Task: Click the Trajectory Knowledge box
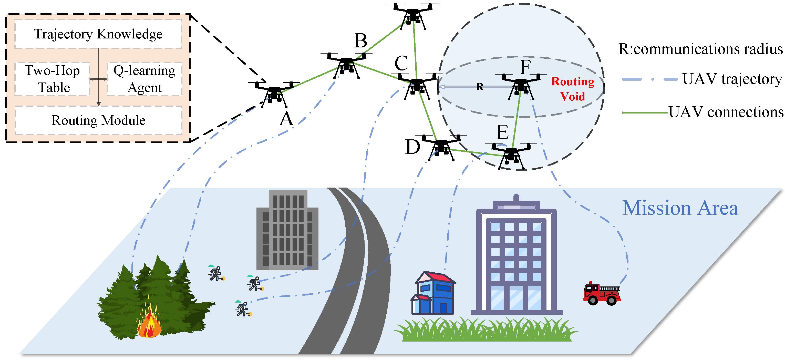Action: coord(98,34)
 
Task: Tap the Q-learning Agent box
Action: coord(144,79)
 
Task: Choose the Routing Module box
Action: coord(98,120)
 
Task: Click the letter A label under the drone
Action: coord(286,119)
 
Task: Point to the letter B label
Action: coord(361,40)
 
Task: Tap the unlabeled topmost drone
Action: coord(413,15)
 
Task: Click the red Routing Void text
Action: coord(573,89)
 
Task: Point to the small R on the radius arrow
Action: coord(480,87)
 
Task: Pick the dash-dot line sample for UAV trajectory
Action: coord(649,79)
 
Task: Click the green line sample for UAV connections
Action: coord(645,113)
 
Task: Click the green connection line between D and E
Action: coord(476,153)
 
